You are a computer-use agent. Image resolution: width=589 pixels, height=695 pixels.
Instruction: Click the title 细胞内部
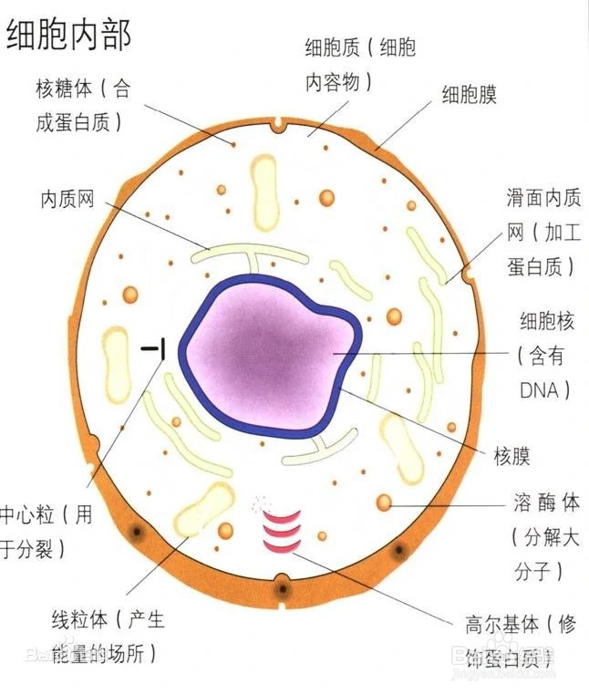pyautogui.click(x=68, y=34)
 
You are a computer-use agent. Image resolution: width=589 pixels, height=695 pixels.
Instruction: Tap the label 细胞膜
pyautogui.click(x=469, y=95)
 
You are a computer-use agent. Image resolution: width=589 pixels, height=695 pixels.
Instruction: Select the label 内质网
pyautogui.click(x=68, y=199)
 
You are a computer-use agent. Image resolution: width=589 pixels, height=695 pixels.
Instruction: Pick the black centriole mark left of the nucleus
pyautogui.click(x=154, y=347)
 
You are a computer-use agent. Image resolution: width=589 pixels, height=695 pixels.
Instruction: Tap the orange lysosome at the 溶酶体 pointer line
pyautogui.click(x=385, y=503)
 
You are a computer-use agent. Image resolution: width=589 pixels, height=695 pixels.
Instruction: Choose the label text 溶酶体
pyautogui.click(x=546, y=503)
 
